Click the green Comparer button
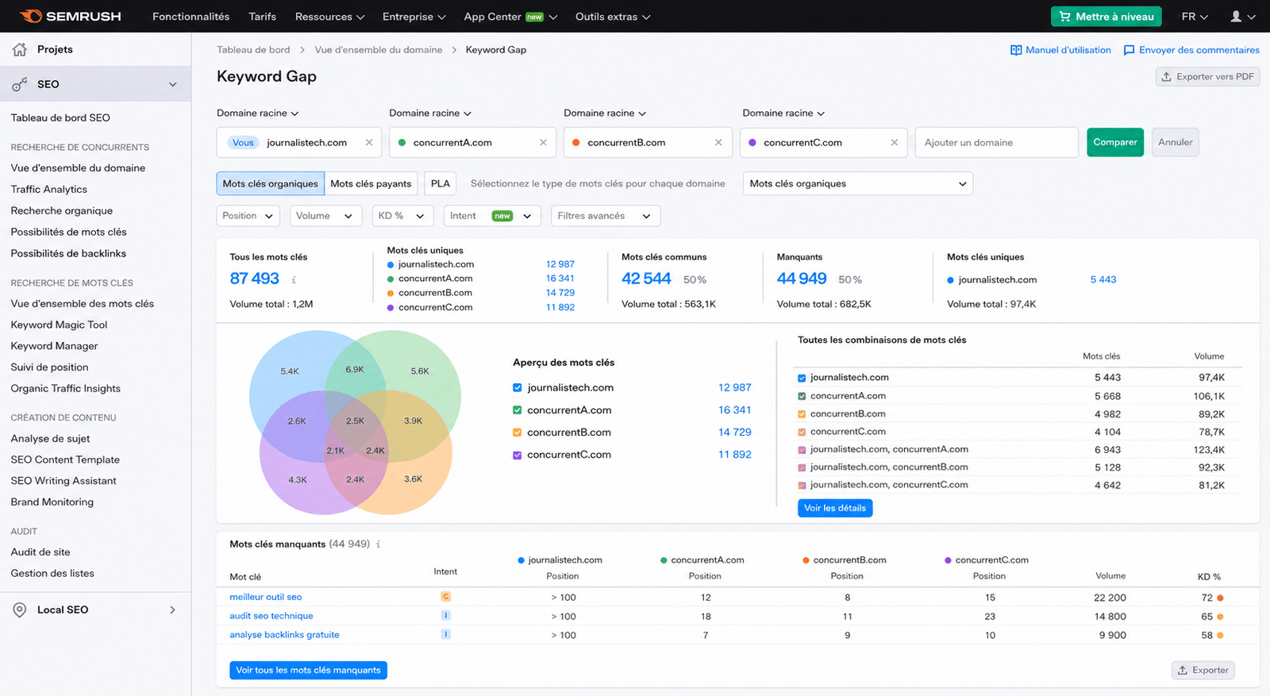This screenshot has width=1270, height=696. pyautogui.click(x=1114, y=142)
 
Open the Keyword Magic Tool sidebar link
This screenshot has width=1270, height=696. pyautogui.click(x=59, y=325)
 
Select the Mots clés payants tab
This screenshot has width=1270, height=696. pyautogui.click(x=371, y=183)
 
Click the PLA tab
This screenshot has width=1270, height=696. pyautogui.click(x=440, y=183)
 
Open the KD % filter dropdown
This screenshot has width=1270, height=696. pyautogui.click(x=402, y=216)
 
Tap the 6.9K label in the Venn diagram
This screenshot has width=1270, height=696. pyautogui.click(x=355, y=370)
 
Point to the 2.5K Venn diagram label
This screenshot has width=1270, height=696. pyautogui.click(x=355, y=421)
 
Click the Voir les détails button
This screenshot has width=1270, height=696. pyautogui.click(x=834, y=508)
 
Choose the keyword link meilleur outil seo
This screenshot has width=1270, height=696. pyautogui.click(x=266, y=597)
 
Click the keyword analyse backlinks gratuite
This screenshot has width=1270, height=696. pyautogui.click(x=285, y=635)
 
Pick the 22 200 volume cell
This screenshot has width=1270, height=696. pyautogui.click(x=1110, y=598)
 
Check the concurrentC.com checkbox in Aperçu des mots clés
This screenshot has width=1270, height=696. pyautogui.click(x=517, y=455)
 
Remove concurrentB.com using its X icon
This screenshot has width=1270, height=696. pyautogui.click(x=718, y=142)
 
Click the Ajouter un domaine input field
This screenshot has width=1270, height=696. pyautogui.click(x=997, y=142)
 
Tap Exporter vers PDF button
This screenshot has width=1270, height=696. pyautogui.click(x=1207, y=76)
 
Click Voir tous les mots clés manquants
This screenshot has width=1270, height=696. pyautogui.click(x=309, y=670)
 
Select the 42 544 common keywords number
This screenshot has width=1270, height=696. pyautogui.click(x=646, y=279)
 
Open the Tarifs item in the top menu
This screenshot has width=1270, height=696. pyautogui.click(x=263, y=17)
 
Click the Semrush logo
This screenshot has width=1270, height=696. pyautogui.click(x=71, y=17)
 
